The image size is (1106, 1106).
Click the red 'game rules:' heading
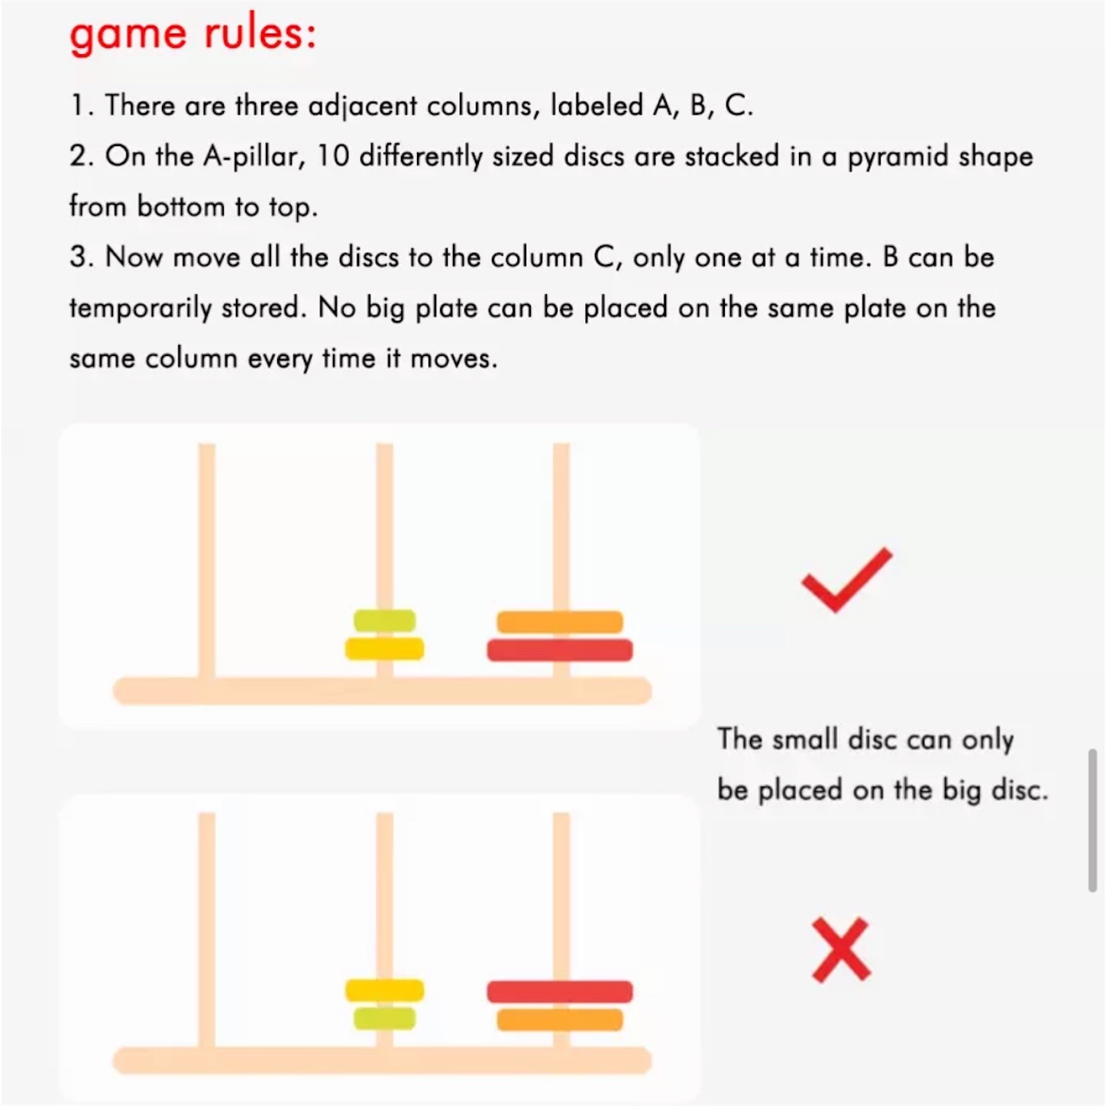coord(192,34)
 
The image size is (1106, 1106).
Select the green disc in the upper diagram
coord(384,620)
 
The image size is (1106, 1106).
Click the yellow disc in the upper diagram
coord(384,648)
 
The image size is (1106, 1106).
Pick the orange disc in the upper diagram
coord(560,623)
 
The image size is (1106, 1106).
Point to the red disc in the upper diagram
coord(560,650)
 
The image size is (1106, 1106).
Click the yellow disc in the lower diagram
coord(384,990)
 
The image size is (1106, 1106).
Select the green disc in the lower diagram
coord(384,1018)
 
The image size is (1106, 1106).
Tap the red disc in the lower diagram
coord(560,991)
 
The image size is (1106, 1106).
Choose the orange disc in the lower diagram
coord(560,1020)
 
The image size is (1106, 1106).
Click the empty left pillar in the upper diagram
coord(207,561)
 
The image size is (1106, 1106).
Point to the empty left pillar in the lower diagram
coord(207,930)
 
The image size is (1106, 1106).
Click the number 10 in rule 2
coord(333,156)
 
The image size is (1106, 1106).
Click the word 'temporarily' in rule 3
coord(141,309)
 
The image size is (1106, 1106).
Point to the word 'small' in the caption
coord(805,739)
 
